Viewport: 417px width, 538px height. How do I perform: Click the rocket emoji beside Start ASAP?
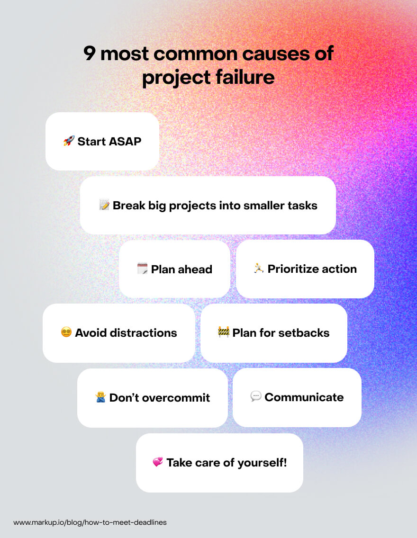(x=69, y=141)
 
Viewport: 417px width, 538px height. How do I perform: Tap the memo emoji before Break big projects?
(x=104, y=205)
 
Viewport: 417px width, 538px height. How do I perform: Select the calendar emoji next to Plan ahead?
(x=142, y=269)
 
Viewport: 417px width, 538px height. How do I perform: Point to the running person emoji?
(x=259, y=269)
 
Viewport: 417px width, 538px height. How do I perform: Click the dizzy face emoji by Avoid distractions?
(x=66, y=332)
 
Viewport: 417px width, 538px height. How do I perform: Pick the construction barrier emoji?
(x=224, y=332)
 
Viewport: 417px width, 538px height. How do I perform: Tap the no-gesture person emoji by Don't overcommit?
(x=101, y=397)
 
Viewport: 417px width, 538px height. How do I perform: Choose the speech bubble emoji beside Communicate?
(x=256, y=396)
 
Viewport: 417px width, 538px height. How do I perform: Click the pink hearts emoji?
(x=158, y=462)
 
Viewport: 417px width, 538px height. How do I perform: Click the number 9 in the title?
(x=90, y=54)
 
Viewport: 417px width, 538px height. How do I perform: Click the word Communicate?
(x=304, y=397)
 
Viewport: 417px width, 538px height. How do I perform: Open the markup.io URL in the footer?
(x=90, y=522)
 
